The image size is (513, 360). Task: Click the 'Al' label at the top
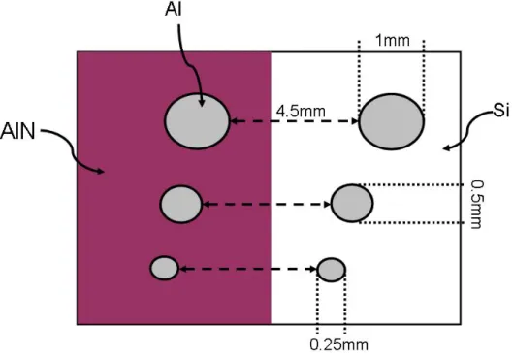pyautogui.click(x=173, y=9)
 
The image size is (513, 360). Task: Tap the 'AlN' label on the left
pyautogui.click(x=17, y=131)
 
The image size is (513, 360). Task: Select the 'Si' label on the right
pyautogui.click(x=501, y=111)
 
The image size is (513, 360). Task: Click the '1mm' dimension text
pyautogui.click(x=392, y=40)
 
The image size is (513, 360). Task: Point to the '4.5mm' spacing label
pyautogui.click(x=301, y=112)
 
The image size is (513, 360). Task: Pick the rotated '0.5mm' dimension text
pyautogui.click(x=476, y=204)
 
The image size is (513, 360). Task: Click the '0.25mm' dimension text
pyautogui.click(x=338, y=344)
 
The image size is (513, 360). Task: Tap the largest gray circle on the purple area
pyautogui.click(x=197, y=121)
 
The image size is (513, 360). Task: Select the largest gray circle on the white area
pyautogui.click(x=391, y=121)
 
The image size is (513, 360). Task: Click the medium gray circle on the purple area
pyautogui.click(x=181, y=204)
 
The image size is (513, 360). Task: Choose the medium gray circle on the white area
pyautogui.click(x=352, y=203)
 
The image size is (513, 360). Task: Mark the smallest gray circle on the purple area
pyautogui.click(x=165, y=268)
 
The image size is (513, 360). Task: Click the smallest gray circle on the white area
pyautogui.click(x=332, y=270)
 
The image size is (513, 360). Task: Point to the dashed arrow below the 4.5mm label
pyautogui.click(x=295, y=121)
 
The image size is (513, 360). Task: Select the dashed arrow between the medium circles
pyautogui.click(x=267, y=204)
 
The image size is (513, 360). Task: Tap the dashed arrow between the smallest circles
pyautogui.click(x=248, y=269)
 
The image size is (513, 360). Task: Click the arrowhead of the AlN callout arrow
pyautogui.click(x=102, y=171)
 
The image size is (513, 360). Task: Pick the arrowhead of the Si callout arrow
pyautogui.click(x=446, y=148)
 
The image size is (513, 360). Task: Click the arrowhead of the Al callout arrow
pyautogui.click(x=202, y=104)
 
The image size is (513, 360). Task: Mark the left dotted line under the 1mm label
pyautogui.click(x=359, y=77)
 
